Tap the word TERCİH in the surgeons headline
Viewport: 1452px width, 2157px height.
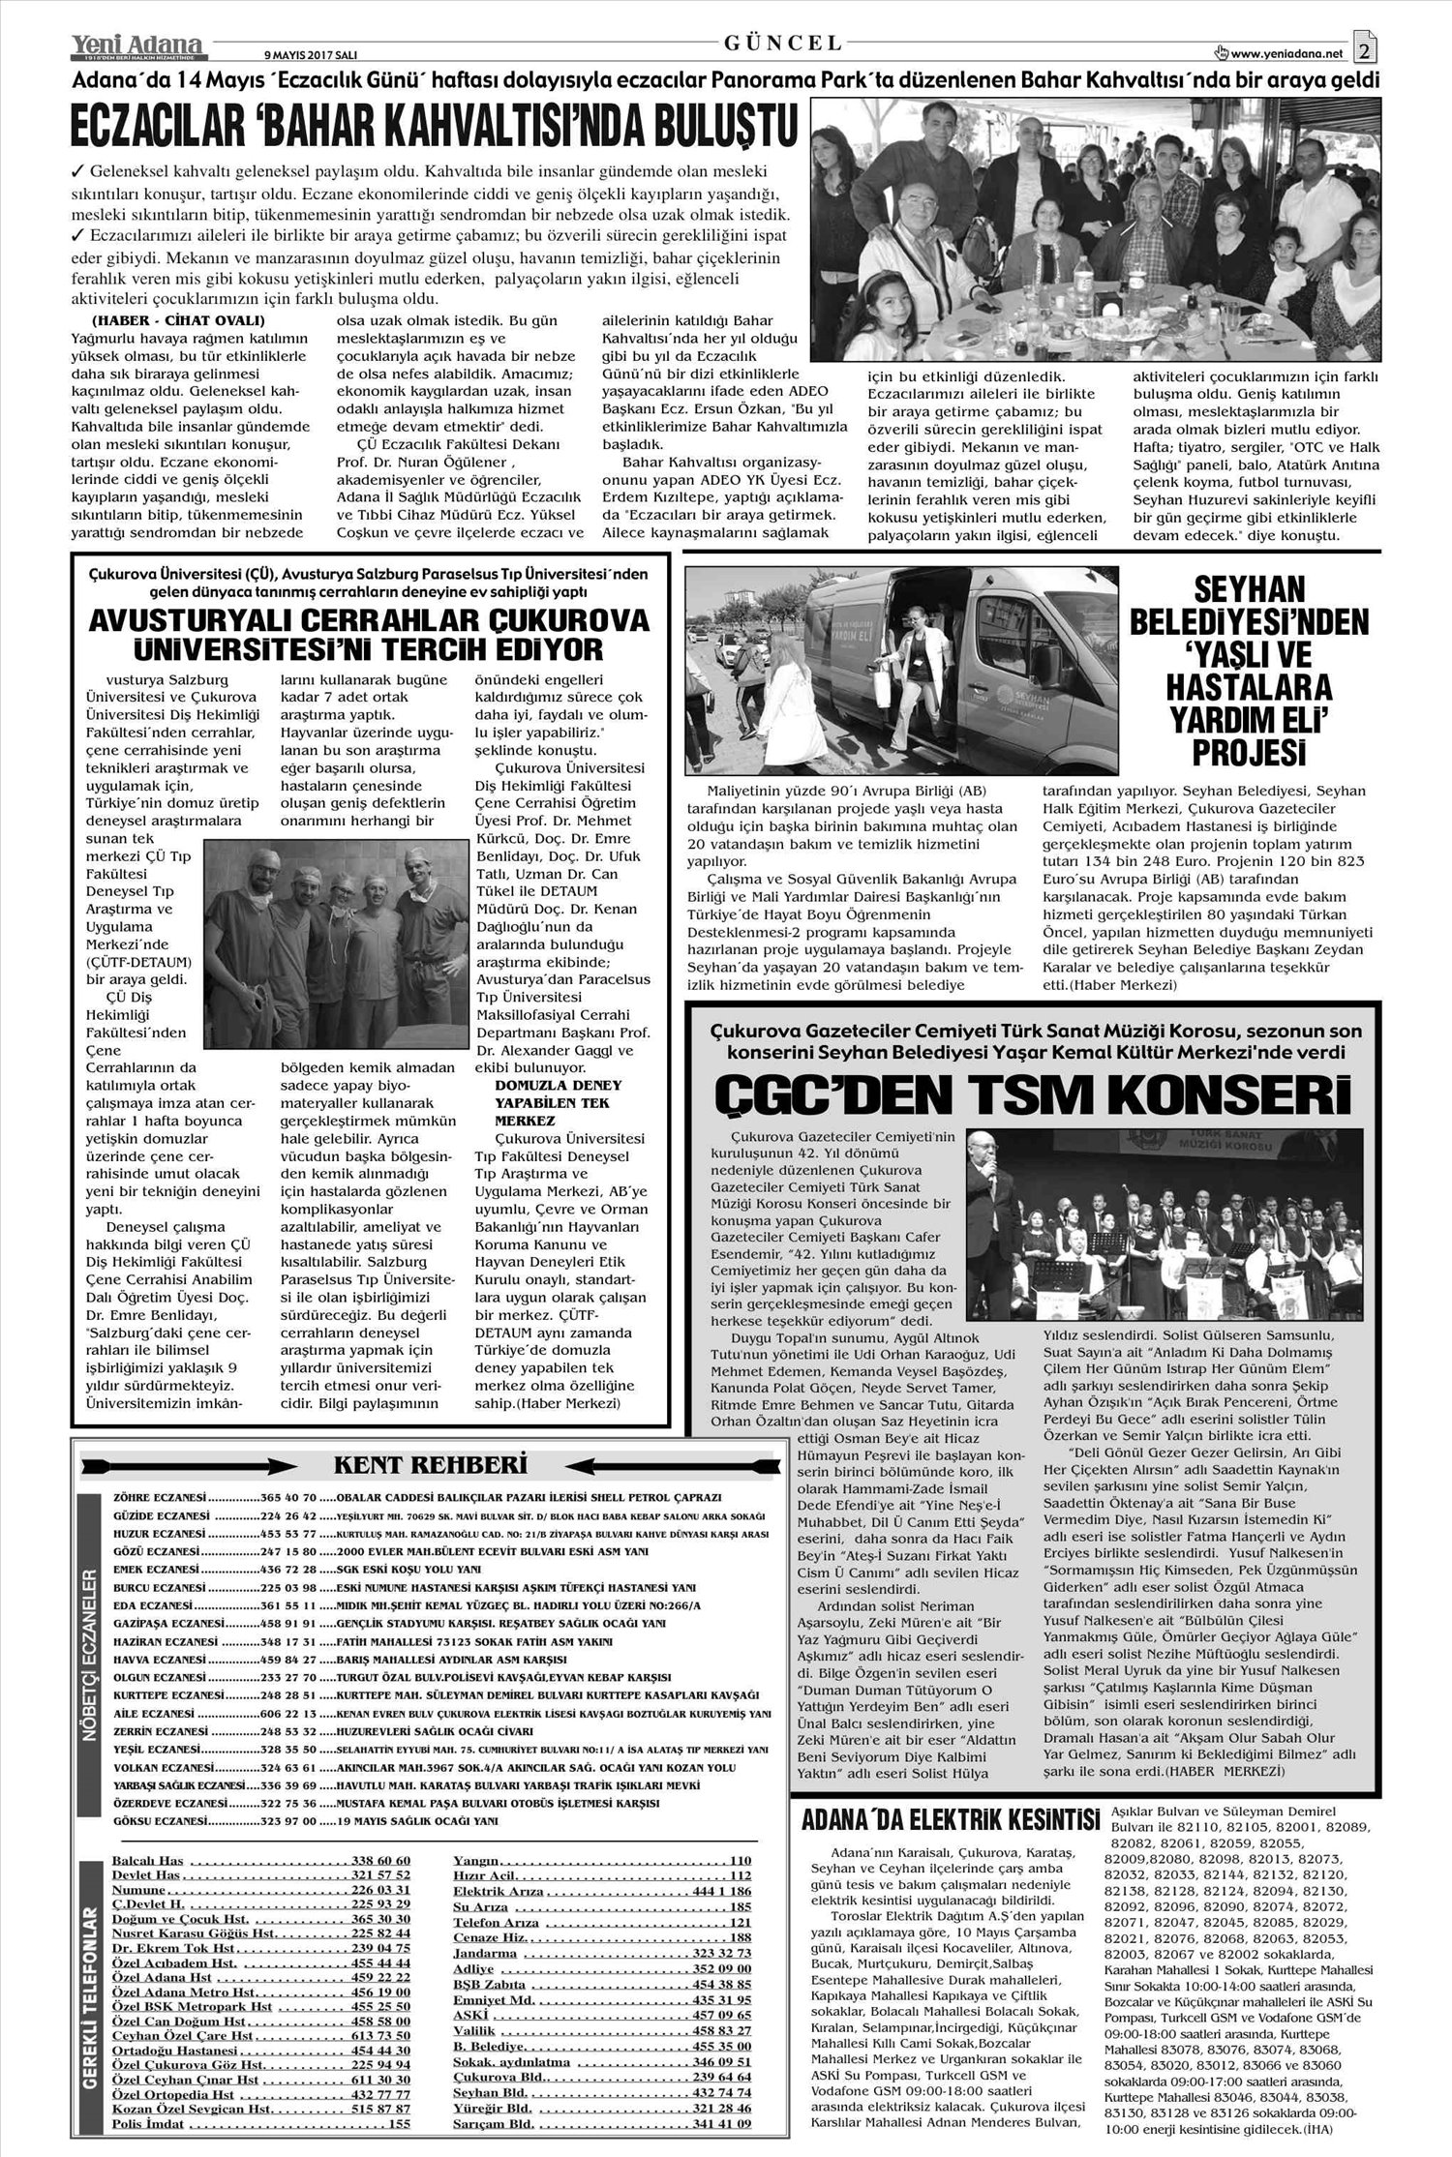(459, 648)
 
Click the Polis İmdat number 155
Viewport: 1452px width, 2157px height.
(399, 2116)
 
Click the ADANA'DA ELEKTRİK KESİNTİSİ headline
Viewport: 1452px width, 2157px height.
(951, 1819)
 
